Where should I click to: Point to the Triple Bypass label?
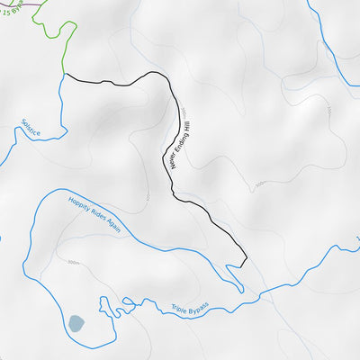click(189, 310)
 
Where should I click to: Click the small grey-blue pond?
click(76, 322)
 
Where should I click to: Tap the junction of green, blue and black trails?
click(64, 76)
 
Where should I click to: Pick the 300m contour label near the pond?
click(73, 263)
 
